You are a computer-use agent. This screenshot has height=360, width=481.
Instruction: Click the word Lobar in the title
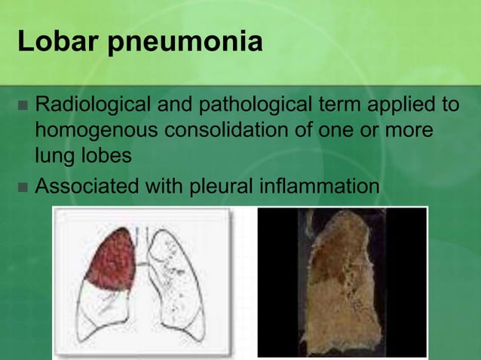coord(57,41)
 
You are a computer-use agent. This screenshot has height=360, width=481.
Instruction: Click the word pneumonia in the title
coord(184,43)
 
